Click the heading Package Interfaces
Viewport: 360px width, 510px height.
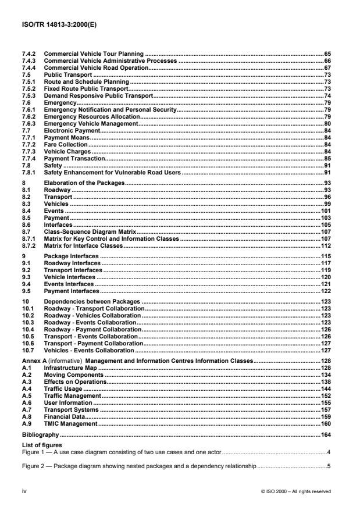coord(72,256)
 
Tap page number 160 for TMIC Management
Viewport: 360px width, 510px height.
coord(325,424)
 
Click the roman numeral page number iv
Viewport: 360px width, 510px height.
coord(24,491)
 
